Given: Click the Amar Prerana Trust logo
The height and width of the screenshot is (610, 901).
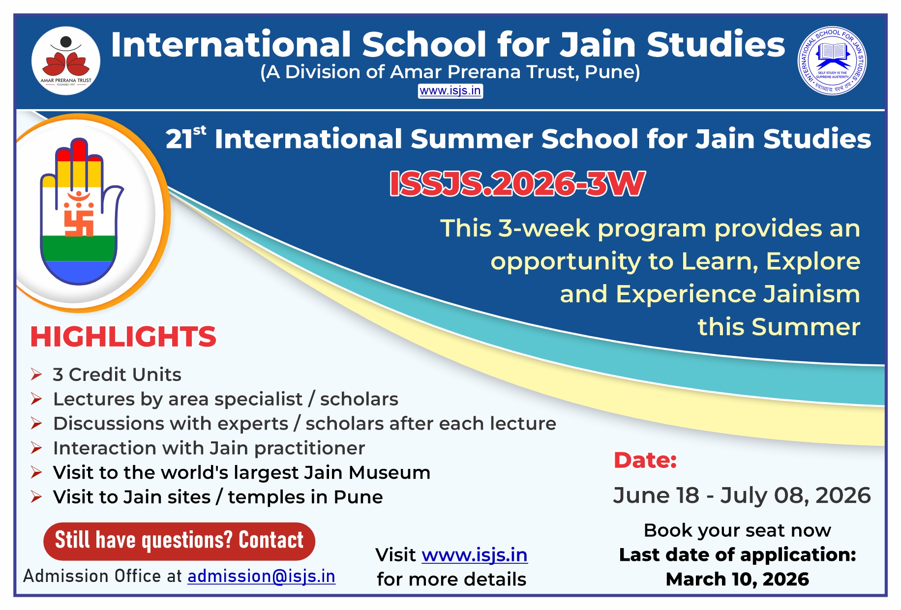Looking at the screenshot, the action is coord(66,61).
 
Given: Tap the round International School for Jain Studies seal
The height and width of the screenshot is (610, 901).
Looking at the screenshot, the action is coord(832,61).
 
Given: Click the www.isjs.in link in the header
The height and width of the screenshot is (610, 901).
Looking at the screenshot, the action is coord(450,91).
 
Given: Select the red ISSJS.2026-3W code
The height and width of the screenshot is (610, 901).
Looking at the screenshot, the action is coord(517,184).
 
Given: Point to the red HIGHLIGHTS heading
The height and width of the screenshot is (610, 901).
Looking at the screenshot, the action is coord(123,337).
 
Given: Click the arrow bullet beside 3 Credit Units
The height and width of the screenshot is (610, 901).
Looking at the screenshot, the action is coord(36,375).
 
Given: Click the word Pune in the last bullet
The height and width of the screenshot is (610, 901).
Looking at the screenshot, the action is coord(358,497).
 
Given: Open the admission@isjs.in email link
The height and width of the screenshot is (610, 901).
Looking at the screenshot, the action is coord(262,576).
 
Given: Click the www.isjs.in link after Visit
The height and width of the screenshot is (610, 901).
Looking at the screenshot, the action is coord(475,555).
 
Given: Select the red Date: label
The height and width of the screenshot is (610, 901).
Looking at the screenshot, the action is coord(645,460).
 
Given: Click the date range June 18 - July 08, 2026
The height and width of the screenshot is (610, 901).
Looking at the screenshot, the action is coord(742,495).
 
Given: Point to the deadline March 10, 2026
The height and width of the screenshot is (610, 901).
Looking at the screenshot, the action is coord(737,580).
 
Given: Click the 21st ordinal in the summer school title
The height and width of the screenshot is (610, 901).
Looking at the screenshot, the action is coord(186,138).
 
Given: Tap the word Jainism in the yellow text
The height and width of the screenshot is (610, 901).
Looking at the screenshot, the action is coord(811,294).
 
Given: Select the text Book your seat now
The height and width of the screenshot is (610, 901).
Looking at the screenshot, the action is coord(737,530).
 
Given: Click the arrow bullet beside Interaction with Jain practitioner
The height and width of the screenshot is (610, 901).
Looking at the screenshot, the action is coord(36,448).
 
